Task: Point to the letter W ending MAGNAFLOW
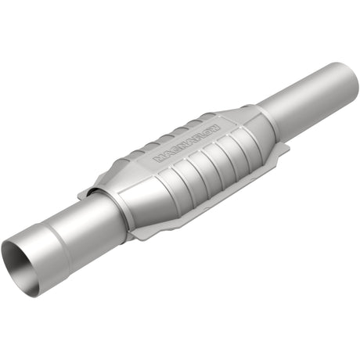[x=217, y=123]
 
